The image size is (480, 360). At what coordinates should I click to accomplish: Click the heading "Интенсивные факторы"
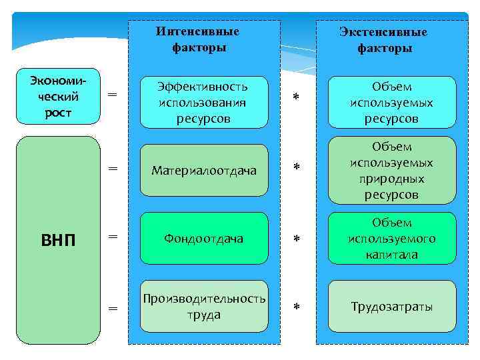pyautogui.click(x=199, y=39)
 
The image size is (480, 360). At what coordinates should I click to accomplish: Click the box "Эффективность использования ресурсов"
pyautogui.click(x=203, y=103)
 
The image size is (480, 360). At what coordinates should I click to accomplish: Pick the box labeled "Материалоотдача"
pyautogui.click(x=203, y=171)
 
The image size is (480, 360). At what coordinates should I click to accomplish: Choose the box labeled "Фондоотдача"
pyautogui.click(x=203, y=238)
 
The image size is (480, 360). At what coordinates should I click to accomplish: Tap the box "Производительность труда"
pyautogui.click(x=203, y=307)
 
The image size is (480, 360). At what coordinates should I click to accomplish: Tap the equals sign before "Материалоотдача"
pyautogui.click(x=113, y=170)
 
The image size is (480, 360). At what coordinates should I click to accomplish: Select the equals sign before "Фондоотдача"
pyautogui.click(x=113, y=236)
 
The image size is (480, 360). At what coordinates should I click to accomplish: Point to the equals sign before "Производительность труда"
pyautogui.click(x=113, y=307)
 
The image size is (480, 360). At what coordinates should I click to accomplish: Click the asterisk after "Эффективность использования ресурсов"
pyautogui.click(x=297, y=98)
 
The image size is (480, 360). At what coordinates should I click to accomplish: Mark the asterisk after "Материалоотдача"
pyautogui.click(x=297, y=166)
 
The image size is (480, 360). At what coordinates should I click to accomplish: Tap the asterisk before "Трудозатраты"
pyautogui.click(x=297, y=307)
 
